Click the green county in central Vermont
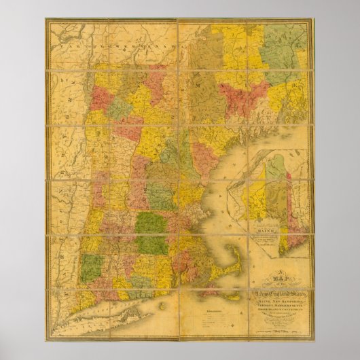tap(120, 109)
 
